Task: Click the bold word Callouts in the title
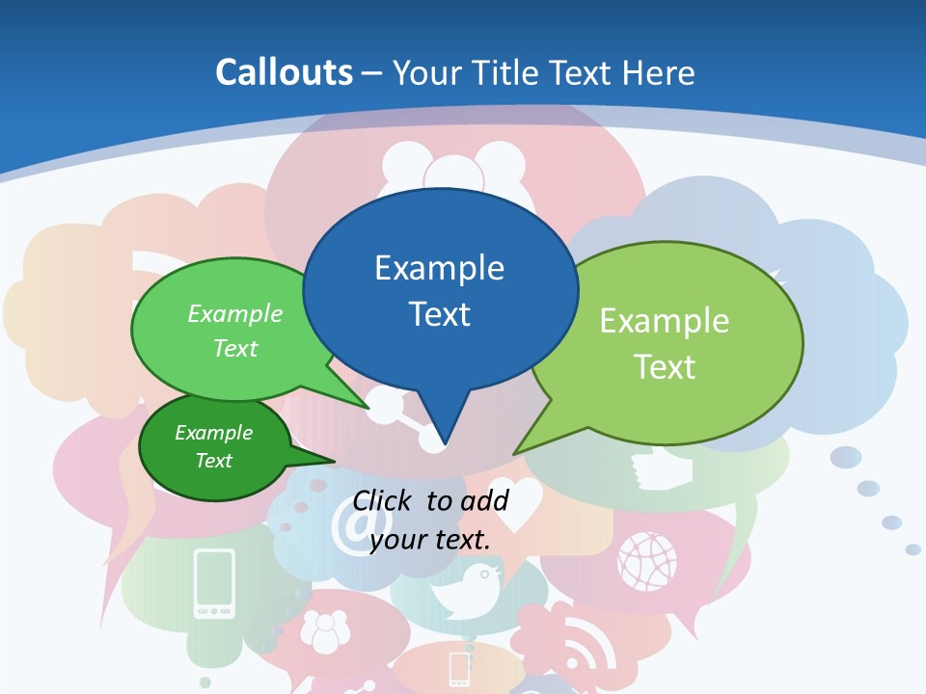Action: click(x=284, y=72)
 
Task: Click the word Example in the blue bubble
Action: click(x=439, y=268)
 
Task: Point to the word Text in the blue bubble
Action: click(x=439, y=314)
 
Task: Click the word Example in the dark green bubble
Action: click(x=213, y=433)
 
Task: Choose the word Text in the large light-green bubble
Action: click(x=665, y=366)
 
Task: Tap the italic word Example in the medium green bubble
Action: click(x=235, y=313)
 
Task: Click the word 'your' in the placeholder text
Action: click(x=398, y=539)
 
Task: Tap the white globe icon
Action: click(x=647, y=560)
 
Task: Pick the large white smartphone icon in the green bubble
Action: click(x=214, y=582)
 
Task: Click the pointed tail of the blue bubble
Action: click(x=442, y=440)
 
